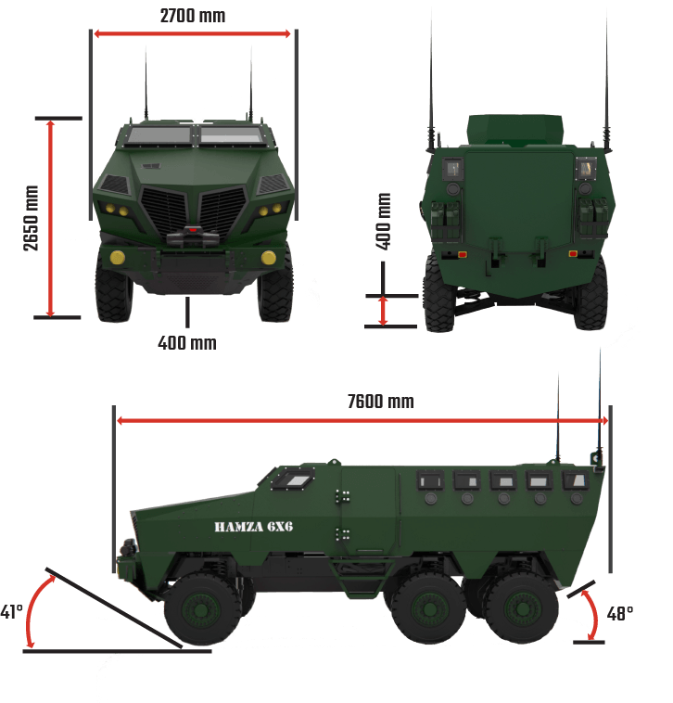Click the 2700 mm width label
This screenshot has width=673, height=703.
click(x=193, y=16)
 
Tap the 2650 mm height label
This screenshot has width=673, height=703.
click(x=31, y=218)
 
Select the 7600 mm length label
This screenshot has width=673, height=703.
click(x=381, y=402)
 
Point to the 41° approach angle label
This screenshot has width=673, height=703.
click(x=12, y=611)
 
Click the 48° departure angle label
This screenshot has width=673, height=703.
click(x=620, y=614)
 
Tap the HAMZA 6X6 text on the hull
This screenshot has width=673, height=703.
click(x=254, y=527)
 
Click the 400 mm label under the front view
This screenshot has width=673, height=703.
click(x=187, y=343)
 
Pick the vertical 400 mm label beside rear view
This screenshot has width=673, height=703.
click(x=383, y=221)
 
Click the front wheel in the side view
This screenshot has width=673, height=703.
click(x=202, y=609)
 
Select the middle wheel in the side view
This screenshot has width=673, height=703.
click(x=429, y=608)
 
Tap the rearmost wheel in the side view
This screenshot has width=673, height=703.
click(x=522, y=608)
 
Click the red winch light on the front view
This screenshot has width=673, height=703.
click(x=192, y=230)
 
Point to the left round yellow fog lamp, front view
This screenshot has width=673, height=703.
click(x=118, y=257)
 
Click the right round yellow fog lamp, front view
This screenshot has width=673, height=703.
click(x=269, y=257)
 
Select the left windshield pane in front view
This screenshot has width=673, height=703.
click(x=159, y=135)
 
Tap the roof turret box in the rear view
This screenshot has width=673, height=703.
click(x=514, y=130)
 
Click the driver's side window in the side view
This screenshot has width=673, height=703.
click(x=294, y=479)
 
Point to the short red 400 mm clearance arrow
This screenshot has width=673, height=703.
click(x=383, y=311)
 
